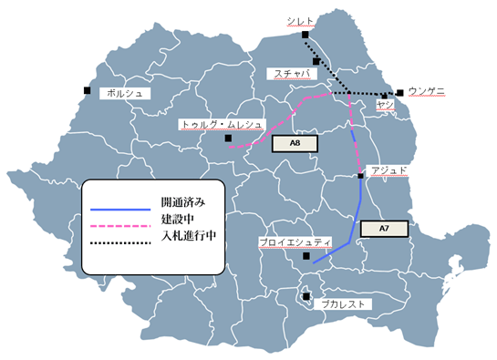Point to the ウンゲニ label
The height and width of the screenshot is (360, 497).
pyautogui.click(x=427, y=91)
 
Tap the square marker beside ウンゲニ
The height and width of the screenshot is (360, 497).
pyautogui.click(x=400, y=92)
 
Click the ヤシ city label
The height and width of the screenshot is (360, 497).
pyautogui.click(x=384, y=106)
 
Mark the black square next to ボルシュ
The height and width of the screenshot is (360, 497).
pyautogui.click(x=87, y=89)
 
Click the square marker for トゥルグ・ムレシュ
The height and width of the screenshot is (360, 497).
pyautogui.click(x=228, y=139)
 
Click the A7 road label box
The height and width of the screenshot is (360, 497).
pyautogui.click(x=382, y=230)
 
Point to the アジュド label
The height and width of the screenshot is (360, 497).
pyautogui.click(x=390, y=170)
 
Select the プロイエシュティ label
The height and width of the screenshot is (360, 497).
pyautogui.click(x=294, y=242)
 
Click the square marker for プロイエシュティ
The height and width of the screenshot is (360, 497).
pyautogui.click(x=306, y=258)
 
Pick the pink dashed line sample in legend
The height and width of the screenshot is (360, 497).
pyautogui.click(x=119, y=221)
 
